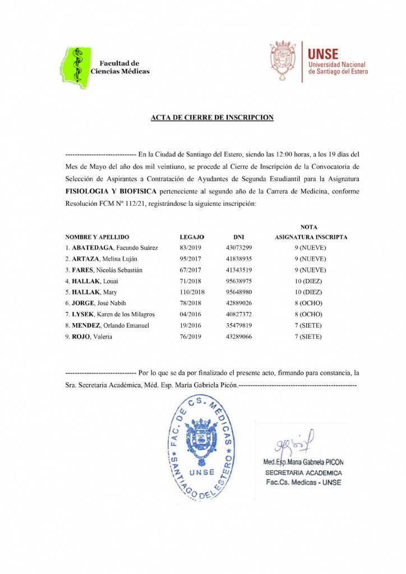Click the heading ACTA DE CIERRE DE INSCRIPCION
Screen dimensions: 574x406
click(212, 118)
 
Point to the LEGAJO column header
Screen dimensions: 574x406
click(191, 237)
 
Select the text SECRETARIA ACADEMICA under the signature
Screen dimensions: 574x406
click(303, 473)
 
